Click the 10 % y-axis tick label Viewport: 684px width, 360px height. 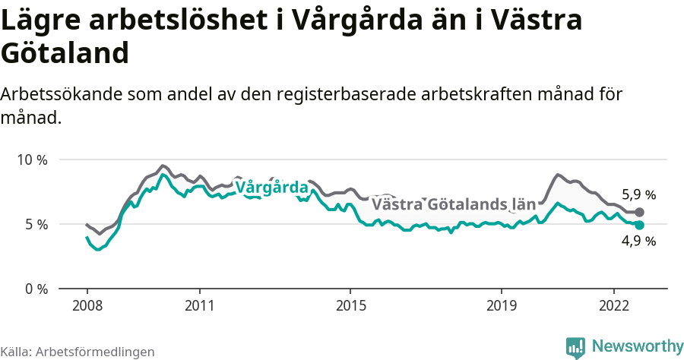coord(32,160)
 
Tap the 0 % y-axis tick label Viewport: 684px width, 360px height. coord(36,289)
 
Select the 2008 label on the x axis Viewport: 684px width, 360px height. coord(87,305)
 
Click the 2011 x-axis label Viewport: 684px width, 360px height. coord(199,305)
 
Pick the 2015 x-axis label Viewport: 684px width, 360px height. coord(350,305)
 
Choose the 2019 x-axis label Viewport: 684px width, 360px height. coord(501,305)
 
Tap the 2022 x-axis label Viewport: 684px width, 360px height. coord(613,305)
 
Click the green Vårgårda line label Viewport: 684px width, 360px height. coord(271,188)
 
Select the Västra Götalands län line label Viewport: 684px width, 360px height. coord(454,205)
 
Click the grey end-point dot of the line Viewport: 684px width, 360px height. coord(640,212)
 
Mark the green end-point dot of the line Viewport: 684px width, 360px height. coord(640,225)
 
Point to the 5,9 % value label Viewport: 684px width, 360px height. coord(638,194)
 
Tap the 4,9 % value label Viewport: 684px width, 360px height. coord(638,242)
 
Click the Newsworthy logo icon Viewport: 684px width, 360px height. coord(575,347)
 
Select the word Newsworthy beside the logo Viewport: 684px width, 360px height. coord(637,346)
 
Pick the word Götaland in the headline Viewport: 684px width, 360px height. coord(65,53)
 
